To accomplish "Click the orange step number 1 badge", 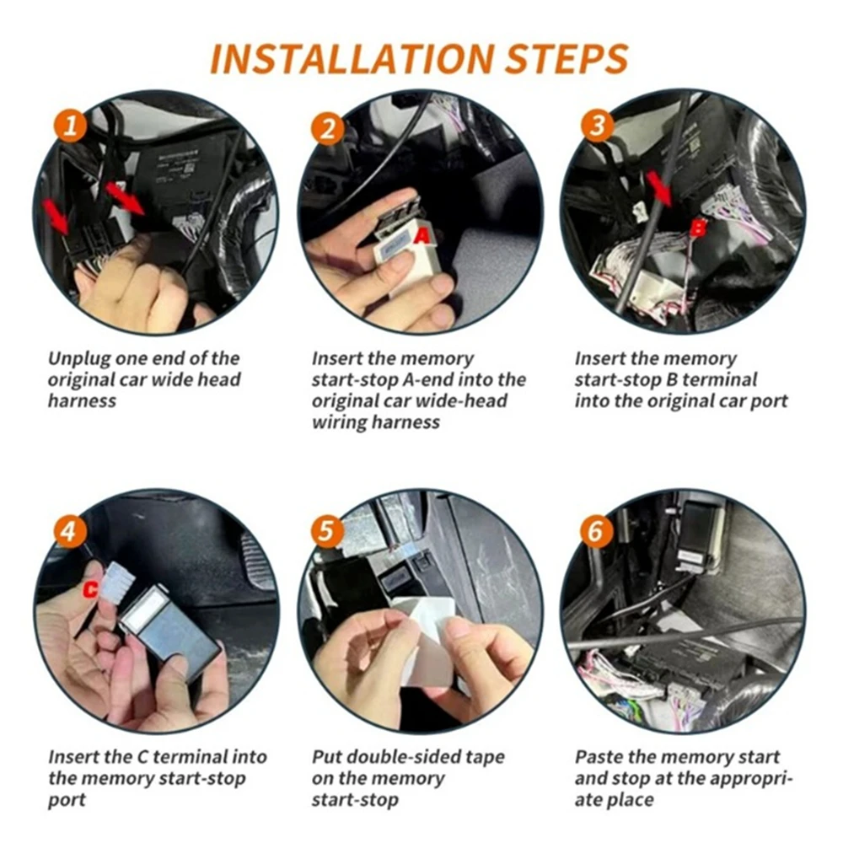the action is pos(71,126).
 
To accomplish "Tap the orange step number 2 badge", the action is pos(327,128).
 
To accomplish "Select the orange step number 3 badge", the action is pos(598,126).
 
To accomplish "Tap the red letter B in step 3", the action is pos(697,228).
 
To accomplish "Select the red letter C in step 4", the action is pos(91,589).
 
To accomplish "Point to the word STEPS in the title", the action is pos(566,58).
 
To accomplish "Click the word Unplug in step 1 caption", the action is pos(80,359).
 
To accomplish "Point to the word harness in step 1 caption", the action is pos(82,401).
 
